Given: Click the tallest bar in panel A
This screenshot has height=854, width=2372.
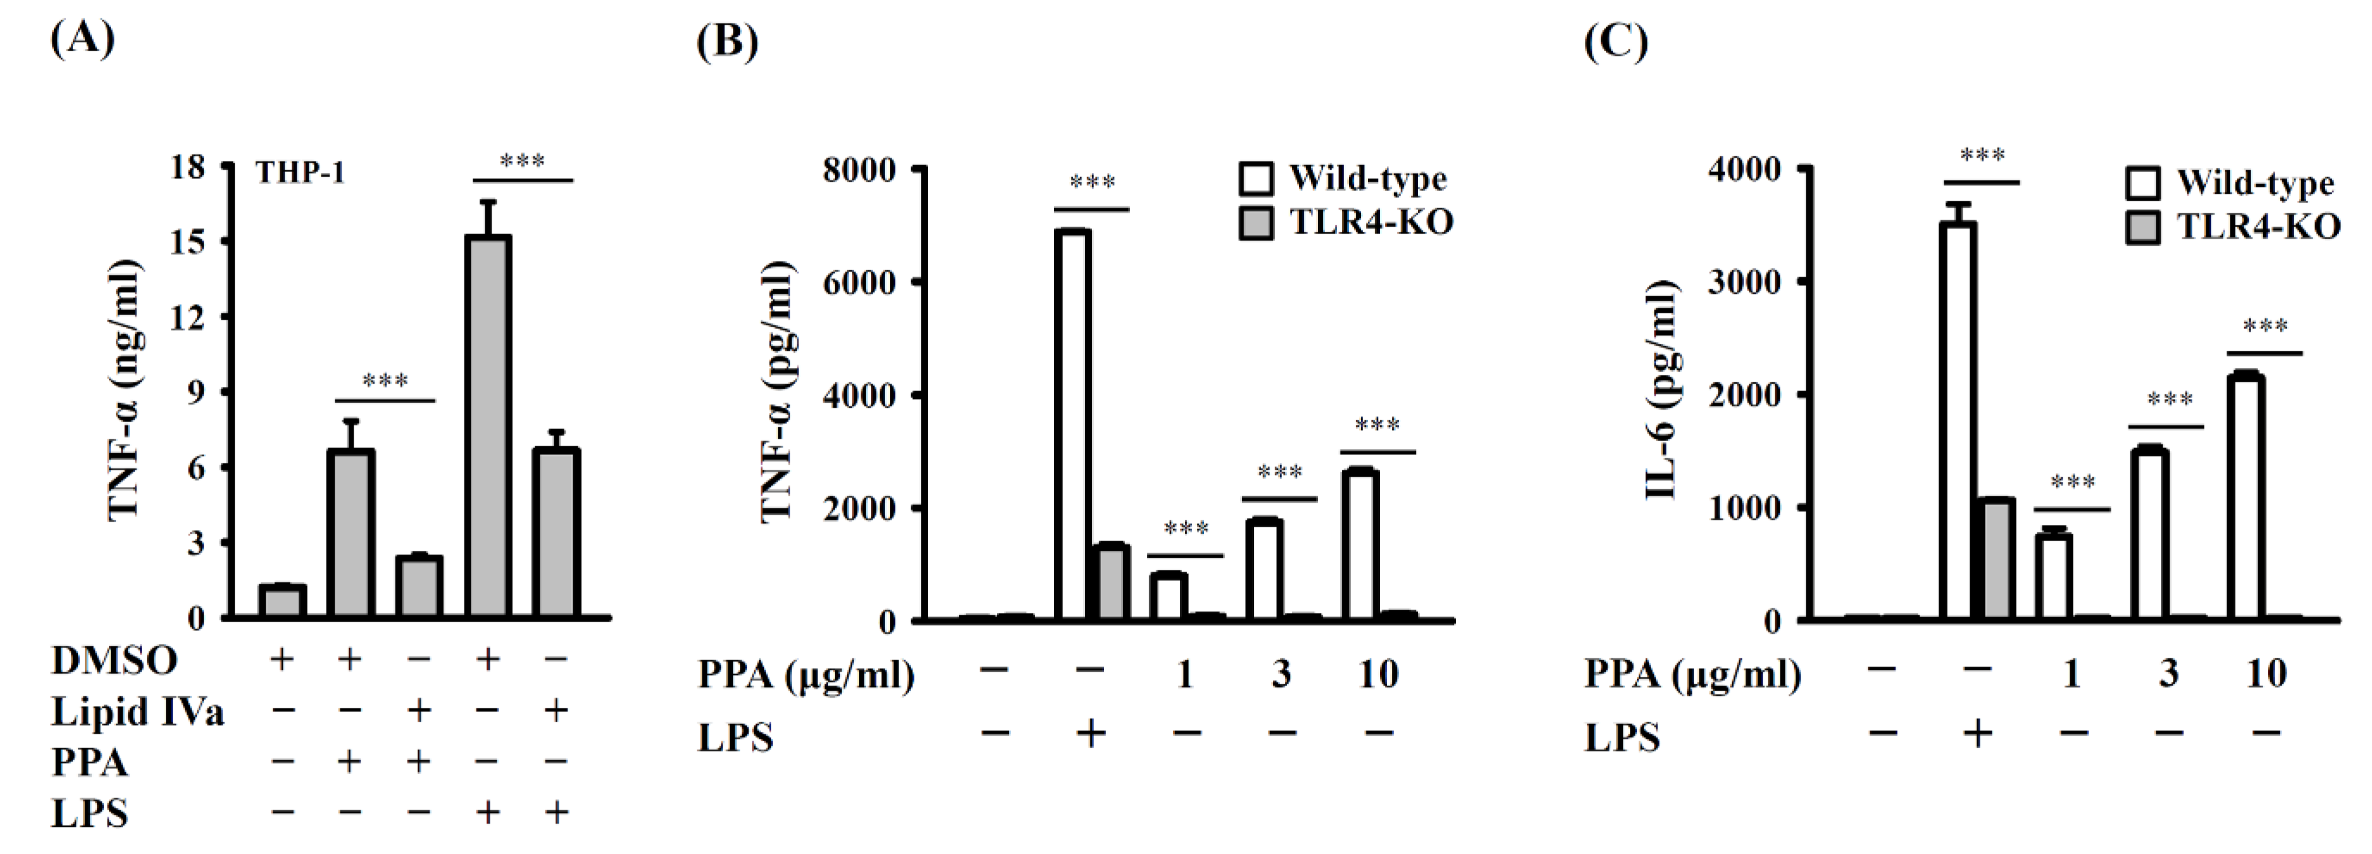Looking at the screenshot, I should (x=488, y=425).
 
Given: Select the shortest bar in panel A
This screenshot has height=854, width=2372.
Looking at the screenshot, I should (x=282, y=601).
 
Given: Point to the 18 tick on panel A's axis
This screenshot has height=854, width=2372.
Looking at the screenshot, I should (x=187, y=166).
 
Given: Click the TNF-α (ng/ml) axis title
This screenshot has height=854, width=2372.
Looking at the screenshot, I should (x=123, y=391).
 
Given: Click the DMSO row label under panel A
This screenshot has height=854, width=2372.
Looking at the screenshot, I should (x=114, y=660).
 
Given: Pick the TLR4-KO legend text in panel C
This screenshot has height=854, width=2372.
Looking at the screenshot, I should (x=2258, y=227).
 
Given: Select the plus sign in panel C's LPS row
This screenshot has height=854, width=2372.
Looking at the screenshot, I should (x=1977, y=734).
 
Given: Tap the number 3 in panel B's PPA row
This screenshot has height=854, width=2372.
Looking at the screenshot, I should (x=1280, y=675).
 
